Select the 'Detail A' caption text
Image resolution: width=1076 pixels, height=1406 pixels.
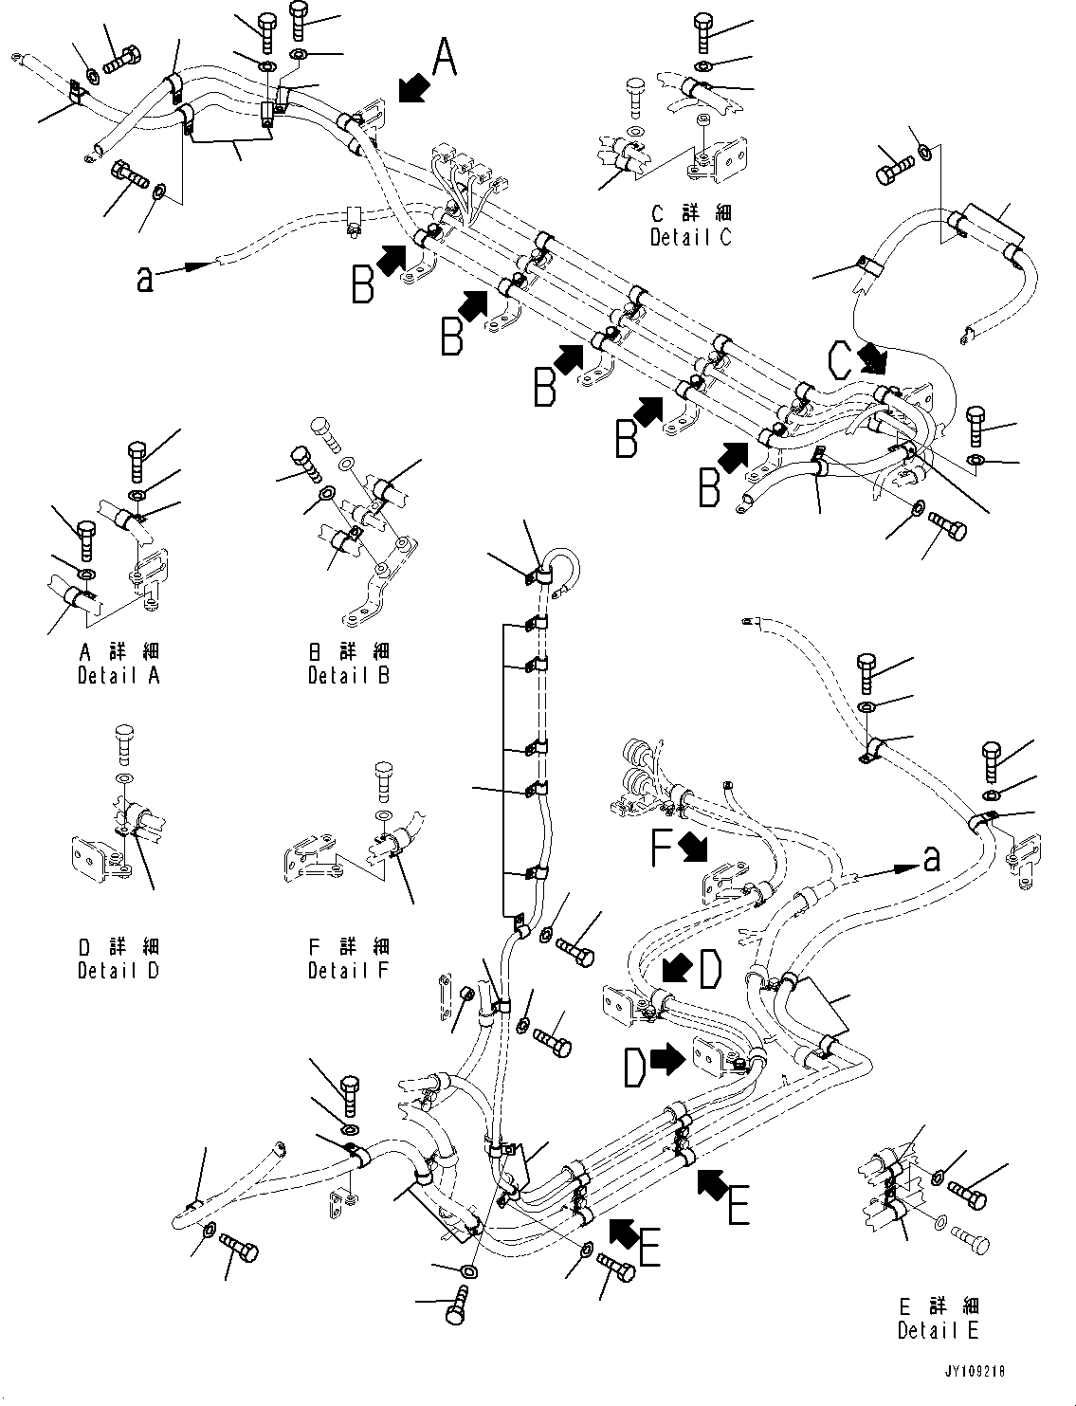tap(119, 675)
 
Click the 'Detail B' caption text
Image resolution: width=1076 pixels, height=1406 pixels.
tap(348, 675)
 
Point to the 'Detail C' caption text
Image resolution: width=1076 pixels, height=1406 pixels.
tap(690, 237)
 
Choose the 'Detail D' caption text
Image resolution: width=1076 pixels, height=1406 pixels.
tap(119, 970)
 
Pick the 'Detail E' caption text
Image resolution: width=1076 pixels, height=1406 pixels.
tap(938, 1330)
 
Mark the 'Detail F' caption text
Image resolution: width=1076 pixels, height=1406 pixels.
tap(348, 970)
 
